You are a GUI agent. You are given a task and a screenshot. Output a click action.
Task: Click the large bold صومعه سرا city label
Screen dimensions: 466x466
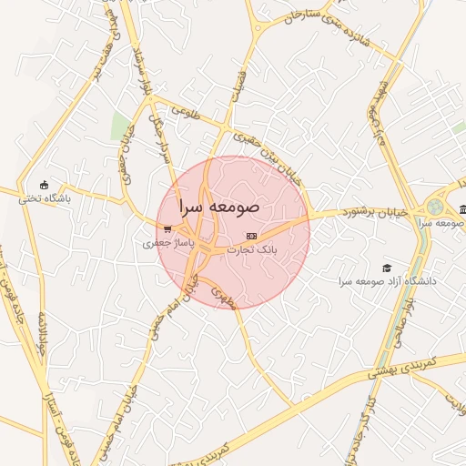click(x=219, y=208)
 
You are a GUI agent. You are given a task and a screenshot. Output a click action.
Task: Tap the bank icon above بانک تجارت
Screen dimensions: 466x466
click(x=252, y=236)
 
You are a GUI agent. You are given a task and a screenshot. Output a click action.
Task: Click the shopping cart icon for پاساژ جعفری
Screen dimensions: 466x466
click(x=167, y=229)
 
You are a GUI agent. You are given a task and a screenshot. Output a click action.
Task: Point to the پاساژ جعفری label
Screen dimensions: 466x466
click(x=164, y=243)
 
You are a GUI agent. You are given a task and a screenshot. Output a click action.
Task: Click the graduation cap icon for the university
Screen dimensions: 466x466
click(x=387, y=268)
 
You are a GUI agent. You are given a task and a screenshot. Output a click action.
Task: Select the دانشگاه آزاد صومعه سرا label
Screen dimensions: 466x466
click(x=387, y=281)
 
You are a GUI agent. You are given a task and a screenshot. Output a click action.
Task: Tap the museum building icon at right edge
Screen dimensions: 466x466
click(x=462, y=209)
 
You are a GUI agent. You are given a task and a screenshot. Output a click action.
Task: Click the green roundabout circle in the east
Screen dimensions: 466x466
click(x=436, y=207)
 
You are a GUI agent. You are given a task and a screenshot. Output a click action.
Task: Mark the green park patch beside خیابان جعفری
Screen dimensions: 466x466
click(x=120, y=128)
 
